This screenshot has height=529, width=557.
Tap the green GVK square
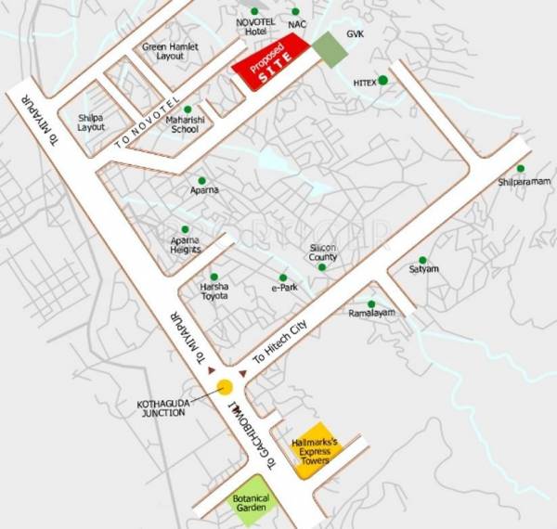click(327, 47)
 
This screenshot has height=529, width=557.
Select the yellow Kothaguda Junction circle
click(225, 388)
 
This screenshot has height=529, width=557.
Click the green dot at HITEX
click(382, 80)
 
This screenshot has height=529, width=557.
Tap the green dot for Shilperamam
click(521, 168)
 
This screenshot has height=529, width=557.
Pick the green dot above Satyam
click(423, 260)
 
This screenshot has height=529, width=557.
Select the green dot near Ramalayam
click(371, 303)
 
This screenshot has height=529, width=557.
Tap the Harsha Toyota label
click(214, 290)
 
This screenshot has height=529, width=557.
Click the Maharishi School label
click(183, 125)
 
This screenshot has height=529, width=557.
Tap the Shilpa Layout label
click(91, 122)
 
